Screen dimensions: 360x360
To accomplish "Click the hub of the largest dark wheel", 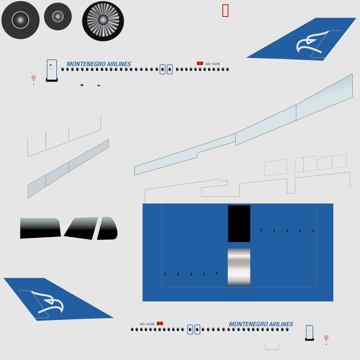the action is (x=20, y=20).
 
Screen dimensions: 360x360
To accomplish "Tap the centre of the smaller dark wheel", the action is (x=58, y=16).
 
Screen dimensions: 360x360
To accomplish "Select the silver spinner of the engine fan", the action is (x=103, y=20).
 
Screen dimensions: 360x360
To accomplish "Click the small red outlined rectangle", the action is (x=225, y=11).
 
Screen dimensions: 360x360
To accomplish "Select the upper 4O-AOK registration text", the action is (x=213, y=64).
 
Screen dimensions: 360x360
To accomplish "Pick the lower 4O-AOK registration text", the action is (x=147, y=324).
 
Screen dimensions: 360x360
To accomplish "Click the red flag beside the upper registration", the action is (x=200, y=63).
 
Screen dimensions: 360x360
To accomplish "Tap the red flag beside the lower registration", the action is (x=160, y=323).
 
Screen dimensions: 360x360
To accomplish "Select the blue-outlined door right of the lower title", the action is (x=309, y=332).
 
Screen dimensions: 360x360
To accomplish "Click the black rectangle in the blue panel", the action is (x=239, y=224).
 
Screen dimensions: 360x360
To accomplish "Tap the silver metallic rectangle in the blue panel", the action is (x=239, y=267).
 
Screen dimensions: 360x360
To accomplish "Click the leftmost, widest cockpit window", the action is (x=40, y=228).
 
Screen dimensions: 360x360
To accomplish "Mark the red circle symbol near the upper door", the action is (x=33, y=77).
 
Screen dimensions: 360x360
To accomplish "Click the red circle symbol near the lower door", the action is (x=326, y=337).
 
